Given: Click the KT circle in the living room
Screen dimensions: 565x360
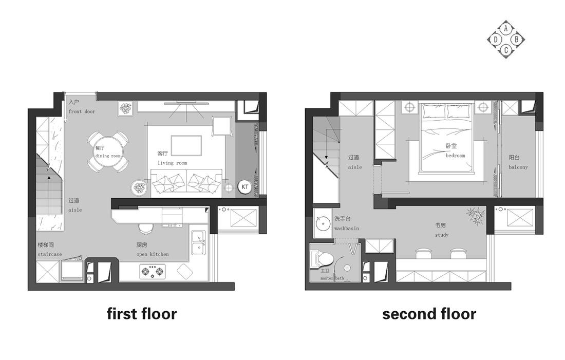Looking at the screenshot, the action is pyautogui.click(x=245, y=186).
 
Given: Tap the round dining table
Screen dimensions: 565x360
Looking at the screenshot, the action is pyautogui.click(x=108, y=151).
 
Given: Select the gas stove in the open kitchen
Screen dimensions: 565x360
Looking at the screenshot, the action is pyautogui.click(x=153, y=272).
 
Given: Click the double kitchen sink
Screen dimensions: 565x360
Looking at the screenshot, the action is pyautogui.click(x=198, y=242).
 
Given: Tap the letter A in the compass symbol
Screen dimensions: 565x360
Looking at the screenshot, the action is pyautogui.click(x=506, y=28).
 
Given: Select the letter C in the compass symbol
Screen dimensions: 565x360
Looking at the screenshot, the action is pyautogui.click(x=506, y=50).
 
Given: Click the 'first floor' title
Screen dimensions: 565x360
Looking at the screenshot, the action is pyautogui.click(x=142, y=313).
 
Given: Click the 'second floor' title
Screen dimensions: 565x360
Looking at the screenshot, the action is pyautogui.click(x=429, y=313).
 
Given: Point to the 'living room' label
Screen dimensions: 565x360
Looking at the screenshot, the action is pyautogui.click(x=172, y=163).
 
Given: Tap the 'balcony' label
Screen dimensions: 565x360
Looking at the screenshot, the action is pyautogui.click(x=518, y=167).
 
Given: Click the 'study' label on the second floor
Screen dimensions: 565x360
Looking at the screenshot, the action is pyautogui.click(x=442, y=235).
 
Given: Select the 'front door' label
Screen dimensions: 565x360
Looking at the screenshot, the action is pyautogui.click(x=82, y=112).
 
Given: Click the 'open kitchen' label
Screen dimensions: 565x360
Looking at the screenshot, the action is pyautogui.click(x=153, y=254).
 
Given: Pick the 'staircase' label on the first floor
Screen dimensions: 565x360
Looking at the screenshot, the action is pyautogui.click(x=50, y=254).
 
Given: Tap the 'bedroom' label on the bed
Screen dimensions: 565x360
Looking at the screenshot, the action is pyautogui.click(x=456, y=156).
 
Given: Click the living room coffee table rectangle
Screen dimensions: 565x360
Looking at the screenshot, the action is pyautogui.click(x=186, y=145).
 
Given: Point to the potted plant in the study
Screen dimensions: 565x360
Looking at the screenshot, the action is pyautogui.click(x=476, y=216).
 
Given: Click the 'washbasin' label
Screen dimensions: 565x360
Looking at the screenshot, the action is pyautogui.click(x=347, y=229).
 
